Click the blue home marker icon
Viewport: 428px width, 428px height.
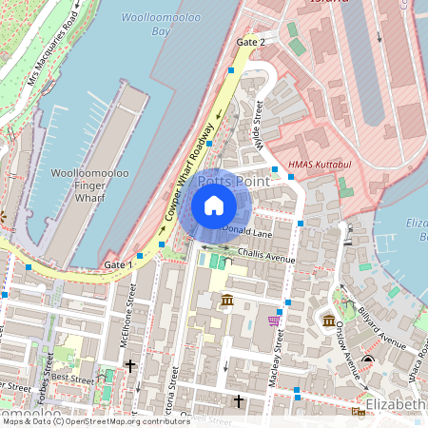214,205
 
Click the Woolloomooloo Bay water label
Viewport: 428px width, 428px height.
160,25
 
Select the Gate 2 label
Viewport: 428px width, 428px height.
251,43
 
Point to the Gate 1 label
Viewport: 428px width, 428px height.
119,263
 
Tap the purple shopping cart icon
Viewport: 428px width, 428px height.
274,321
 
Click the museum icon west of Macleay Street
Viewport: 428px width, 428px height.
227,302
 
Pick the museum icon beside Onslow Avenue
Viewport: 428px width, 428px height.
328,320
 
